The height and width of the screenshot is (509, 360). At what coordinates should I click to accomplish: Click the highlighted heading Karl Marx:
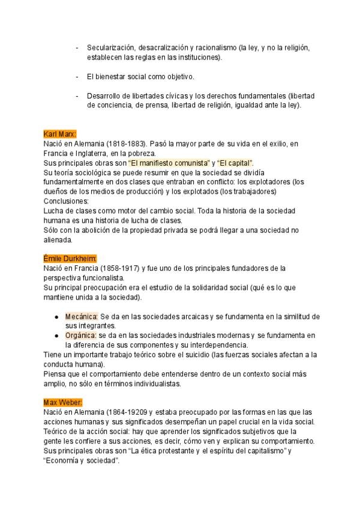(x=60, y=134)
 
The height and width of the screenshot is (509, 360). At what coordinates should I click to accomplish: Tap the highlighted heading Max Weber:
(x=63, y=402)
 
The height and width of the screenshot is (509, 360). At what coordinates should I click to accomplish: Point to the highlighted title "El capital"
(x=235, y=163)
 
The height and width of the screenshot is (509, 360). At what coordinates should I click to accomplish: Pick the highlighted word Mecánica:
(x=81, y=316)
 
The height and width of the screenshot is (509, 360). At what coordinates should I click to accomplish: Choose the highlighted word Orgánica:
(x=81, y=336)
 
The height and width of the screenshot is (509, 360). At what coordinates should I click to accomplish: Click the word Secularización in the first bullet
(x=110, y=47)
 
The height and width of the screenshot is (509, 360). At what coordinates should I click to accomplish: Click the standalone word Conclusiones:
(x=66, y=201)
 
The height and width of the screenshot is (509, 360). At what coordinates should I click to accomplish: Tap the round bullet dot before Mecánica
(x=56, y=316)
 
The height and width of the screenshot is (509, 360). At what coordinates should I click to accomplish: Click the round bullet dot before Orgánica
(x=56, y=336)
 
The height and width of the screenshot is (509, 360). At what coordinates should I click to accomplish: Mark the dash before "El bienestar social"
(x=77, y=77)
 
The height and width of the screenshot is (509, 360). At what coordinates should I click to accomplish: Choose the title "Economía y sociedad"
(x=82, y=460)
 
